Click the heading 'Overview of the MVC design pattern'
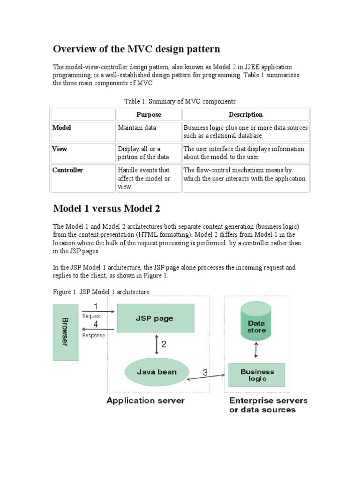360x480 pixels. click(136, 49)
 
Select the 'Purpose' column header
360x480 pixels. click(149, 114)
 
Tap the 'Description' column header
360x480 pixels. click(246, 114)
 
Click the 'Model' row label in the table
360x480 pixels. click(62, 127)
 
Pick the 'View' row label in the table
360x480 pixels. click(60, 149)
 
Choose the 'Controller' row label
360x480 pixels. click(67, 170)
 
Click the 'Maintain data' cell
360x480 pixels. click(137, 127)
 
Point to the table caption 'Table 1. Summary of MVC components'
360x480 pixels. click(180, 101)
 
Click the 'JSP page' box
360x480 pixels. click(156, 319)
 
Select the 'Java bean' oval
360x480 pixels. click(157, 372)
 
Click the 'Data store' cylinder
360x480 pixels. click(256, 323)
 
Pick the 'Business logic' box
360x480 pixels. click(256, 375)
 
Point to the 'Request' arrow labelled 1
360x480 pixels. click(97, 311)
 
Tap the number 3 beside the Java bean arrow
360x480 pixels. click(205, 373)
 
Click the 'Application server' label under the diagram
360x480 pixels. click(146, 401)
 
